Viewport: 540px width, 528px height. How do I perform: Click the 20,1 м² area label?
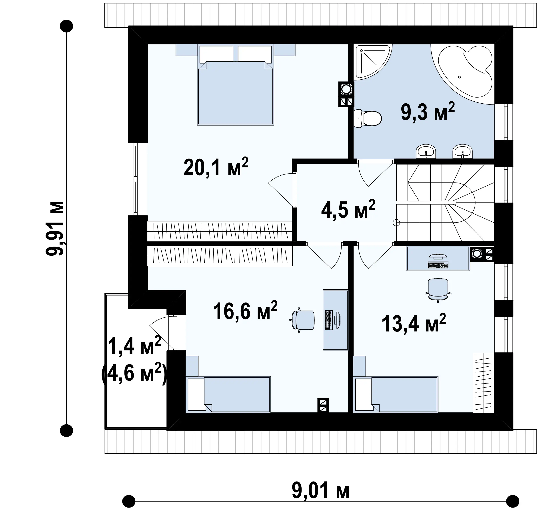(x=216, y=167)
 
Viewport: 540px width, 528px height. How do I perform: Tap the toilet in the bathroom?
(x=368, y=118)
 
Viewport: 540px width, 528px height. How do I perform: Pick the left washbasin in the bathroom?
(x=426, y=151)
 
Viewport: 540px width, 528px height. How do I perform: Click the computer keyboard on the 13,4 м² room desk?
(x=438, y=265)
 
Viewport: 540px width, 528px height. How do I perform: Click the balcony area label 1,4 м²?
(x=134, y=345)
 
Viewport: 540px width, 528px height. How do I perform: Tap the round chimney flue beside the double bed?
(x=346, y=89)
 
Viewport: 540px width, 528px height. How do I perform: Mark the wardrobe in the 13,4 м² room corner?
(x=484, y=383)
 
